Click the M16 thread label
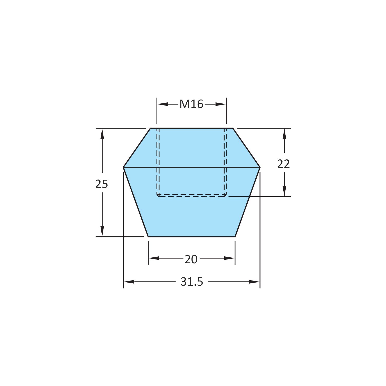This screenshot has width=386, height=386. tap(191, 104)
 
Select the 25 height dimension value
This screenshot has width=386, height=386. tap(102, 184)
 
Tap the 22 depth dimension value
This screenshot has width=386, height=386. tap(284, 164)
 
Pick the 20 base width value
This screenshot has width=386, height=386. tap(191, 259)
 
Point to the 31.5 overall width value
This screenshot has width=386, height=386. tap(192, 282)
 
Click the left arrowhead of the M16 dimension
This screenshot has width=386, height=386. tap(162, 104)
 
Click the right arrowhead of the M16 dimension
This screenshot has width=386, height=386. tap(221, 104)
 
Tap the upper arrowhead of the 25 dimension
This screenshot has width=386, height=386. tap(102, 134)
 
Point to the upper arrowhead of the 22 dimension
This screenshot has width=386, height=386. tap(284, 134)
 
